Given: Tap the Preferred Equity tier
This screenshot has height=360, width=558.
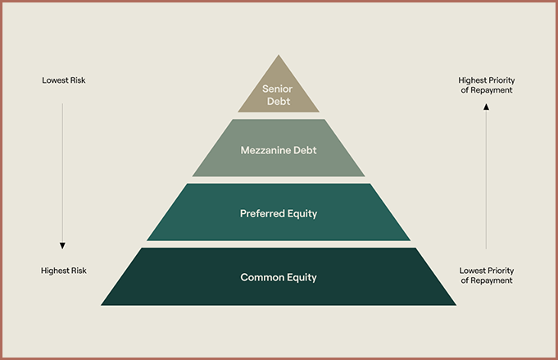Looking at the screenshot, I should (279, 212).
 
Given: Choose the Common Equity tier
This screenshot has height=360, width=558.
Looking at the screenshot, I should (279, 277).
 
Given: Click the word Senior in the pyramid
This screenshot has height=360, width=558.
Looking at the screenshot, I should (279, 89).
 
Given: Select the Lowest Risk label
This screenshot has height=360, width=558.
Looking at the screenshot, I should (64, 80).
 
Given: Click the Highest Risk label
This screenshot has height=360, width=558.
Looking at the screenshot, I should (64, 271).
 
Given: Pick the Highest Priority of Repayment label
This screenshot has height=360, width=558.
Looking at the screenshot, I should (486, 85).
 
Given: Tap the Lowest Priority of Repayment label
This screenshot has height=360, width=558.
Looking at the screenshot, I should (486, 276).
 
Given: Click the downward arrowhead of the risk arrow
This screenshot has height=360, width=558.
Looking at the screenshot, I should (62, 246).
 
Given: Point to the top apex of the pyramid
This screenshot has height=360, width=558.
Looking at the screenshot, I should (279, 56).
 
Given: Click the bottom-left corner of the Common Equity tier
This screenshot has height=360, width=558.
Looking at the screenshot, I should (102, 304).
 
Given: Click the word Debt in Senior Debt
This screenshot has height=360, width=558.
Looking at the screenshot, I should (279, 101).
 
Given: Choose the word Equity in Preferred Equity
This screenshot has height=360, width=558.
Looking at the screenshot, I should (301, 213).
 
